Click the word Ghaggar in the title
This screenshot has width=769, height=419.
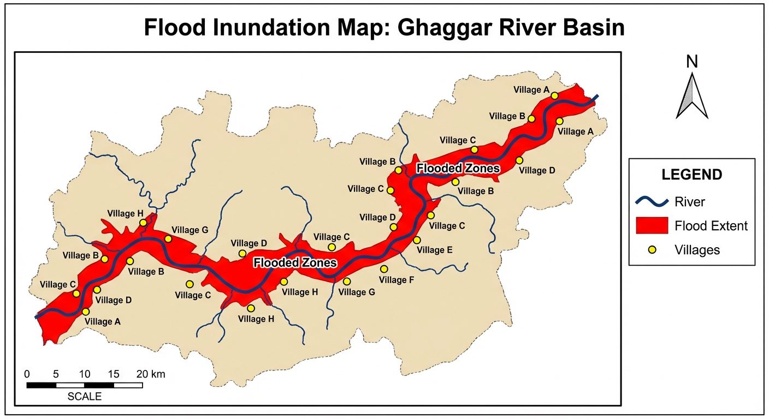tap(448, 27)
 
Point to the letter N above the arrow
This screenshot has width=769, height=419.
tap(692, 62)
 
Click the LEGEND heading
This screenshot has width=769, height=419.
tap(692, 175)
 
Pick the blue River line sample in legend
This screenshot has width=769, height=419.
tap(652, 202)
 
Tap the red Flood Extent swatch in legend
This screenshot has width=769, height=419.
tap(652, 225)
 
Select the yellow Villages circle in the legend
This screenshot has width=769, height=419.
tap(652, 250)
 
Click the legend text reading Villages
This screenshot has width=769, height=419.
tap(697, 250)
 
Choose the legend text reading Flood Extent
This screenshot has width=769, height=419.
tap(711, 225)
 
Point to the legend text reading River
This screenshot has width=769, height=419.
tap(690, 202)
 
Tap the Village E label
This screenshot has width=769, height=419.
tap(434, 250)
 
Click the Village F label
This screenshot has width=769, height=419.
tap(393, 280)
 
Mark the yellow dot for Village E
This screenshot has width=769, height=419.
tap(417, 240)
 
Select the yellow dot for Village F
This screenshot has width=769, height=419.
tap(384, 269)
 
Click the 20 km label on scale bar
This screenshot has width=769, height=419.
tap(150, 374)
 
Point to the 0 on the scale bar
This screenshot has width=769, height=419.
tap(27, 374)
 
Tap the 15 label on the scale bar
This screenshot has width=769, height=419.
tap(114, 374)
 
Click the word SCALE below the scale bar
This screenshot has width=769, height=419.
tap(85, 397)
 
